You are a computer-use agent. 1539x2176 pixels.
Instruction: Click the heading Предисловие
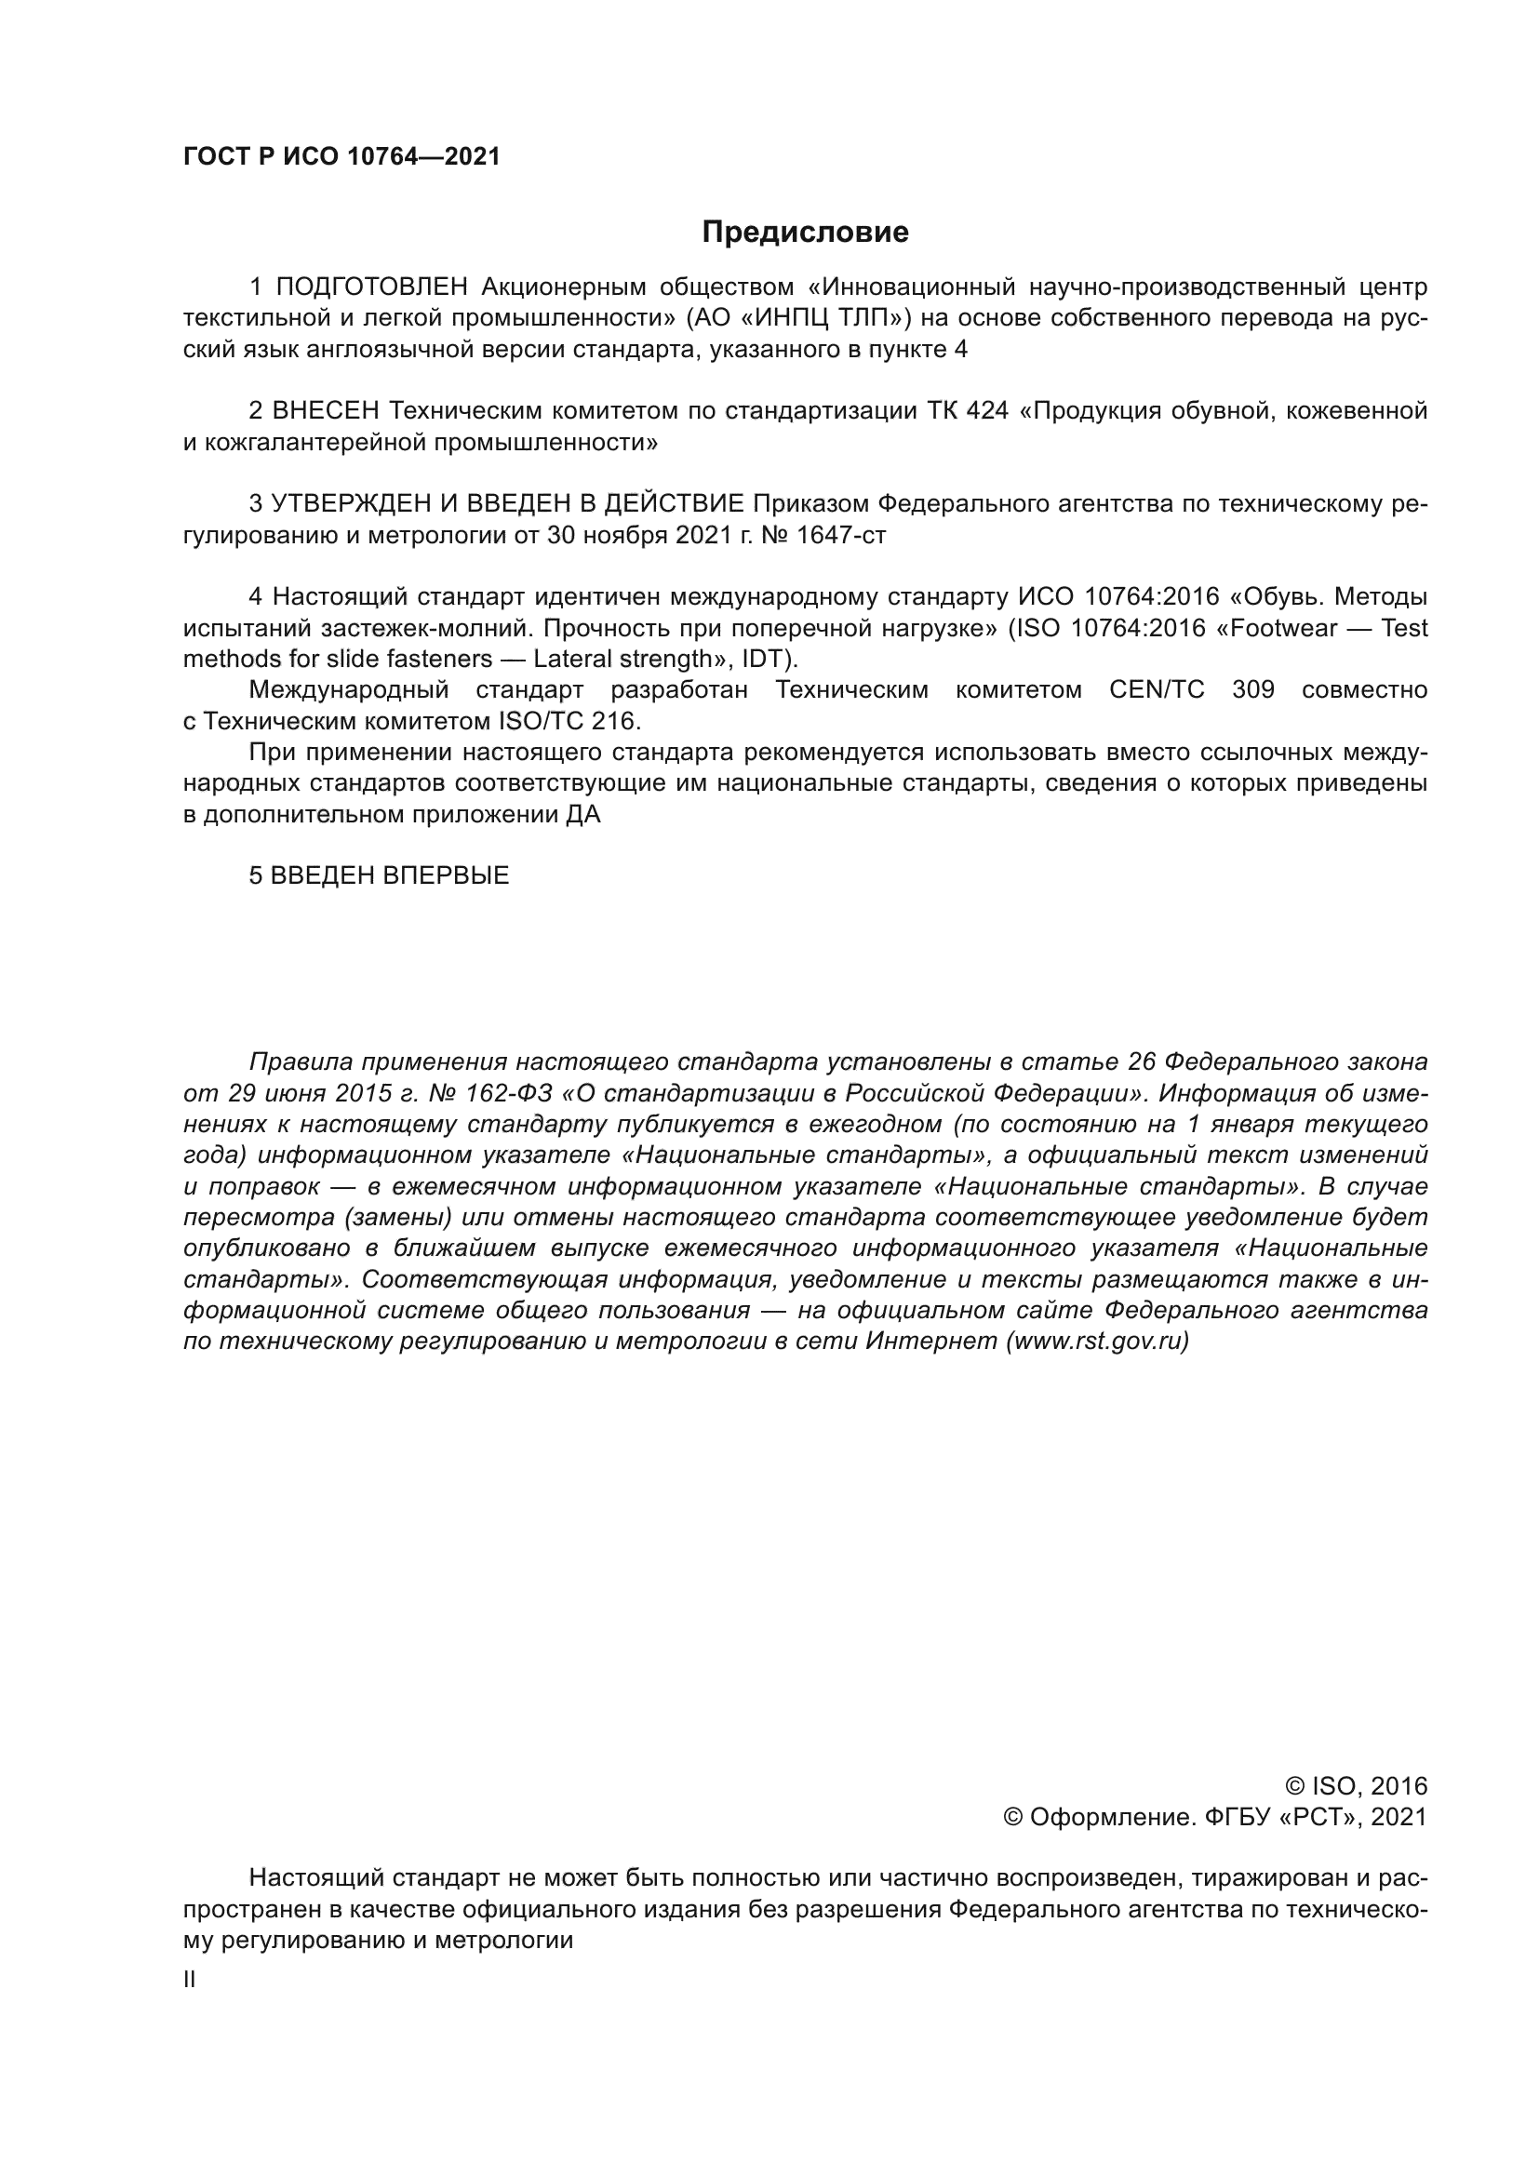pos(805,233)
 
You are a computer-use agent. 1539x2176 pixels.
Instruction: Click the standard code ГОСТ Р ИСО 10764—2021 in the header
pos(341,157)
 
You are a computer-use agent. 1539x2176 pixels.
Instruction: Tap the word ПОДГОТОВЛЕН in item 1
pos(372,287)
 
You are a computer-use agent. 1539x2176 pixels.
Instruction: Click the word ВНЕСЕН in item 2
pos(326,411)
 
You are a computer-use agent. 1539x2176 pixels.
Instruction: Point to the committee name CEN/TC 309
pos(1191,690)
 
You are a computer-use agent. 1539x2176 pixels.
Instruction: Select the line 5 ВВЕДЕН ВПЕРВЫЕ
pos(379,875)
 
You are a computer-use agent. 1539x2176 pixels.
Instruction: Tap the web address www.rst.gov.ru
pos(1097,1342)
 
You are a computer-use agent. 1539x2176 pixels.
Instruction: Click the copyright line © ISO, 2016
pos(1355,1786)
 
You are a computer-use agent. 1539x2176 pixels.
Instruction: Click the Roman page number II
pos(190,1980)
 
